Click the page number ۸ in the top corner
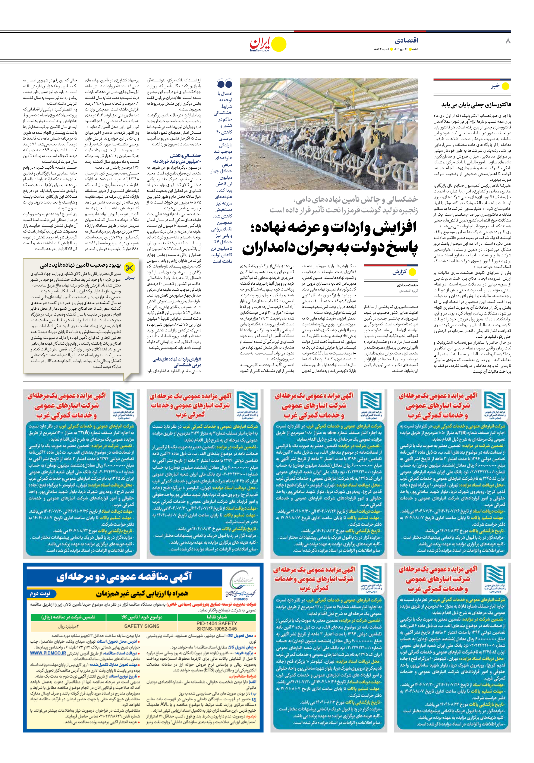[x=508, y=41]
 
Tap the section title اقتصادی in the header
[x=406, y=41]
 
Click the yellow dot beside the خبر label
[x=505, y=86]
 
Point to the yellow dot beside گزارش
[x=412, y=272]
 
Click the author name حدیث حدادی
[x=407, y=285]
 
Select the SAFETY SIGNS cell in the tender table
[x=142, y=626]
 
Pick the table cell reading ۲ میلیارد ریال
[x=68, y=626]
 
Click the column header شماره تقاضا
[x=217, y=617]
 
